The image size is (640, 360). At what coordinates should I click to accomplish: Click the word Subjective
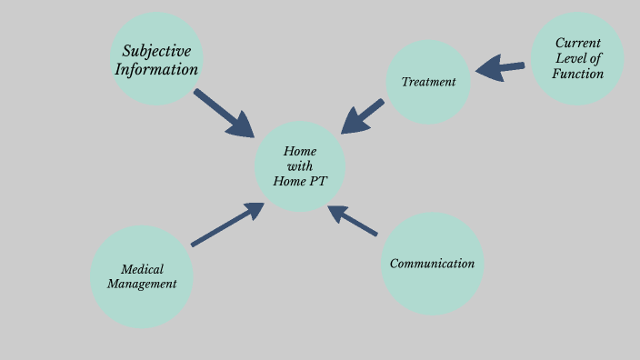pos(156,51)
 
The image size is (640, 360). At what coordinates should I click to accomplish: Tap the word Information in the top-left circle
pos(156,69)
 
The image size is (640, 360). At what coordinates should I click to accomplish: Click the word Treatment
pos(428,82)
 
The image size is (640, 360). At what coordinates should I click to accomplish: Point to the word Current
pos(577,43)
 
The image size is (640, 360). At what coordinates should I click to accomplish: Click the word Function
pos(577,74)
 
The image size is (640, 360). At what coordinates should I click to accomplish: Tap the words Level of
pos(577,58)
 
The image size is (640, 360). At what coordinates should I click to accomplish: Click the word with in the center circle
pos(300,166)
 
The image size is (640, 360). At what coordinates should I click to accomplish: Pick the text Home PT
pos(300,181)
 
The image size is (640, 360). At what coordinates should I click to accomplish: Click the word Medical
pos(142,268)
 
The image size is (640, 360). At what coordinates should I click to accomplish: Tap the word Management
pos(142,284)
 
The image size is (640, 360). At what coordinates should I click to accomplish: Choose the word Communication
pos(432,264)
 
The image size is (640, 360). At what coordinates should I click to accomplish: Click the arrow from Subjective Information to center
pos(224,113)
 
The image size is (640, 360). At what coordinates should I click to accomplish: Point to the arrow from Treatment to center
pos(362,115)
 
